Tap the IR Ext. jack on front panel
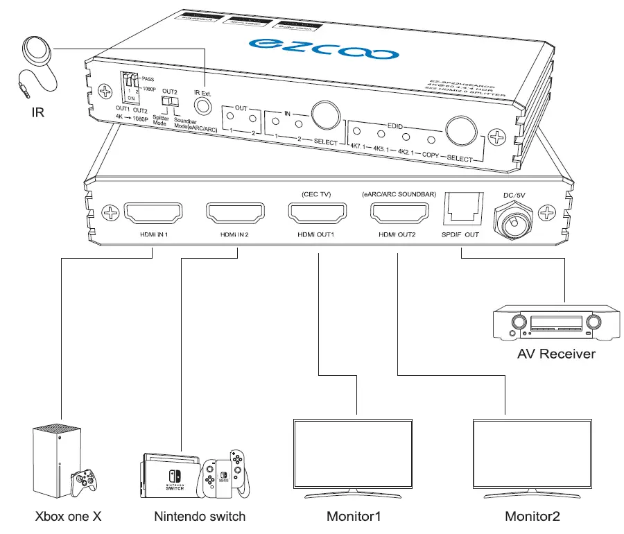click(202, 105)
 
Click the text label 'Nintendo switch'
click(200, 517)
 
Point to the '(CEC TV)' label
click(316, 194)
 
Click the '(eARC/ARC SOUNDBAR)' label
click(399, 194)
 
